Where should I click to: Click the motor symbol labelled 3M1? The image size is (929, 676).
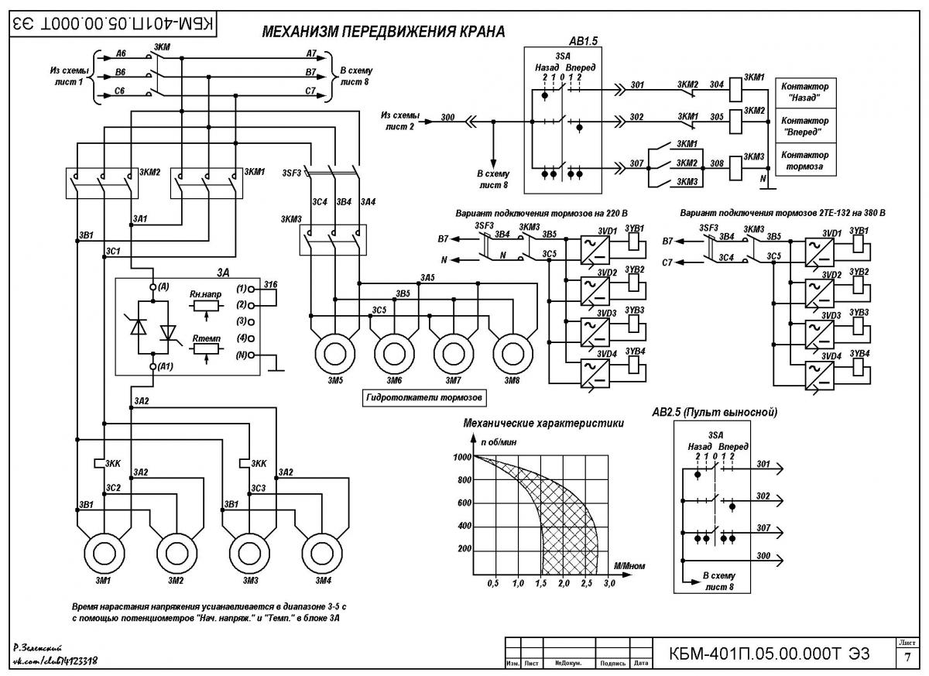click(x=104, y=553)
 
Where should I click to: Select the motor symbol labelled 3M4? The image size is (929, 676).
click(x=322, y=553)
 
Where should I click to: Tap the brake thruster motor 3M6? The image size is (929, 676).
click(x=394, y=354)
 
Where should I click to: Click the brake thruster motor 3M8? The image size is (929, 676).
click(x=513, y=354)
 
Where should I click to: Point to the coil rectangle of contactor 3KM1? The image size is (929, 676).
click(x=735, y=90)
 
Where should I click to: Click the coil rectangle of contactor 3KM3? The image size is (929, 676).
click(x=735, y=168)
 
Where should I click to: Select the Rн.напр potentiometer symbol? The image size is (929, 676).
click(x=206, y=306)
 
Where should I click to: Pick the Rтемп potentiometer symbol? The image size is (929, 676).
click(x=206, y=349)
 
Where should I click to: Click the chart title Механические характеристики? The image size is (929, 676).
click(x=543, y=423)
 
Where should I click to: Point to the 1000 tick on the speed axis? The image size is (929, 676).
click(x=462, y=457)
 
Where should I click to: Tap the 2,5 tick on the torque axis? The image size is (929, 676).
click(x=587, y=583)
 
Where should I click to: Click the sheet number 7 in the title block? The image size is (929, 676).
click(x=907, y=657)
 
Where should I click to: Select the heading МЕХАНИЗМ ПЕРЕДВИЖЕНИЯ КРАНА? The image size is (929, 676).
click(x=384, y=32)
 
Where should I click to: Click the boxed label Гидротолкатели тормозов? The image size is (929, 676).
click(x=424, y=398)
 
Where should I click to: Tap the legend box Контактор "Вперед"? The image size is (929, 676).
click(x=805, y=126)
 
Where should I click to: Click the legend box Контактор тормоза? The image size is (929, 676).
click(x=805, y=160)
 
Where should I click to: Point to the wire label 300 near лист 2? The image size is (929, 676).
click(x=448, y=117)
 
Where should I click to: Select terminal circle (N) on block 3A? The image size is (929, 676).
click(x=251, y=355)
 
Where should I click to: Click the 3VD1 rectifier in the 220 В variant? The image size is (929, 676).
click(x=595, y=250)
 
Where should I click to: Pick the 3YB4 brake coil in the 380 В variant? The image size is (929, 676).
click(x=858, y=367)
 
